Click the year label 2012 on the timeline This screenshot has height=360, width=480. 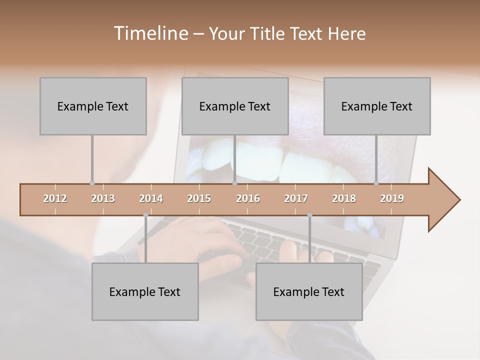55,198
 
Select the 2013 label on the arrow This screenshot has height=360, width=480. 103,198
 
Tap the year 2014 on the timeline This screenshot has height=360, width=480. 151,198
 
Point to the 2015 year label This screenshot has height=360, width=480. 199,198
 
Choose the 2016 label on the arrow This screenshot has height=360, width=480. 248,198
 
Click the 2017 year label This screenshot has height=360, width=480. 296,198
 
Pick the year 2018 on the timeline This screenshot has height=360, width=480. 344,198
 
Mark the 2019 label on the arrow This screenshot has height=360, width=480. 392,198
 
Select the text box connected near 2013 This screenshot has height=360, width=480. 93,106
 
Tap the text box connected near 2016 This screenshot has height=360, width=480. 235,106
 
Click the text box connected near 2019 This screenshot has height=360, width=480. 377,106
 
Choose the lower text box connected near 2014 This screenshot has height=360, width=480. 145,291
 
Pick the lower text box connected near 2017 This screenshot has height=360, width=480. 309,291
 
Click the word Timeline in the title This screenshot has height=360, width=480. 150,33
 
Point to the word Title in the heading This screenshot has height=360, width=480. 269,34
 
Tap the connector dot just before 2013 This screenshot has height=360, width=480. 92,183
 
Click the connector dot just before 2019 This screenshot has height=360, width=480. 376,183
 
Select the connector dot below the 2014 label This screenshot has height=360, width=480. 145,215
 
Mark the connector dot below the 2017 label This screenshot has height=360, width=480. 309,215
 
